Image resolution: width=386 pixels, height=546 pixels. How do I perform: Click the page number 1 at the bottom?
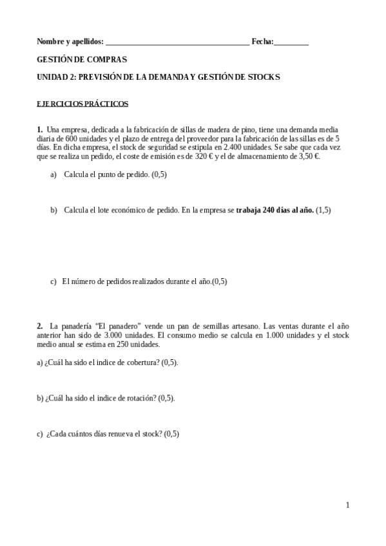pos(348,505)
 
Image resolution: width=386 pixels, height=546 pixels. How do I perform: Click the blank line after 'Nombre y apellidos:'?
pos(177,42)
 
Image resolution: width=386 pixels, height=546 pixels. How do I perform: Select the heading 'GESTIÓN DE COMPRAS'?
pos(82,59)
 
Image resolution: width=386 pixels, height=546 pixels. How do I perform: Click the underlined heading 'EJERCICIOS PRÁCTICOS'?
pos(82,103)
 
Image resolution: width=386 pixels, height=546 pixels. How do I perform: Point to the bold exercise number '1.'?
pos(40,129)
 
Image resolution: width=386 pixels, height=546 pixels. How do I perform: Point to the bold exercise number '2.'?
pos(40,326)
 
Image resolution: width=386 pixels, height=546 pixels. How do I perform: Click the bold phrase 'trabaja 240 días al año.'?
pos(275,211)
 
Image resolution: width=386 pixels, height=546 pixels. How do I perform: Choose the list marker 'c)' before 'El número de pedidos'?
pos(53,281)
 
